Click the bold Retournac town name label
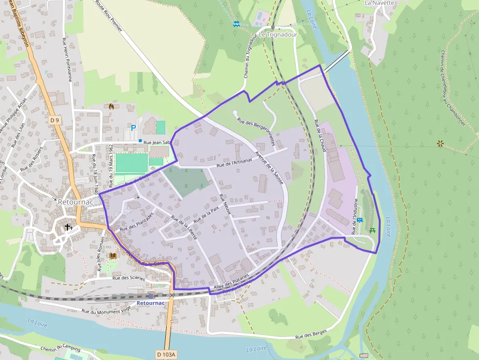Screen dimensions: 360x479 click(72, 201)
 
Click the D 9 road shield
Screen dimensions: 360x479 click(54, 120)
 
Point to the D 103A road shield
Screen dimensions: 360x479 click(166, 354)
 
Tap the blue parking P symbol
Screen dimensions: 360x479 click(133, 128)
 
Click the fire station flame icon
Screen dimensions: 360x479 click(111, 106)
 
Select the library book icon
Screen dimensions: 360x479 click(113, 255)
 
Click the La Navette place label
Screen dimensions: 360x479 click(379, 3)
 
